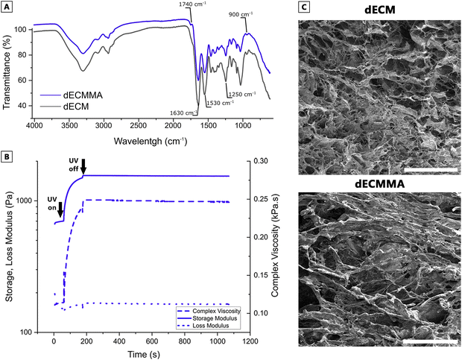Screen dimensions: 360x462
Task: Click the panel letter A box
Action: (x=6, y=7)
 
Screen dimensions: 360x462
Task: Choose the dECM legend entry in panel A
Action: (x=66, y=106)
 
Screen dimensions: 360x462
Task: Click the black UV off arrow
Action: (x=83, y=165)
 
